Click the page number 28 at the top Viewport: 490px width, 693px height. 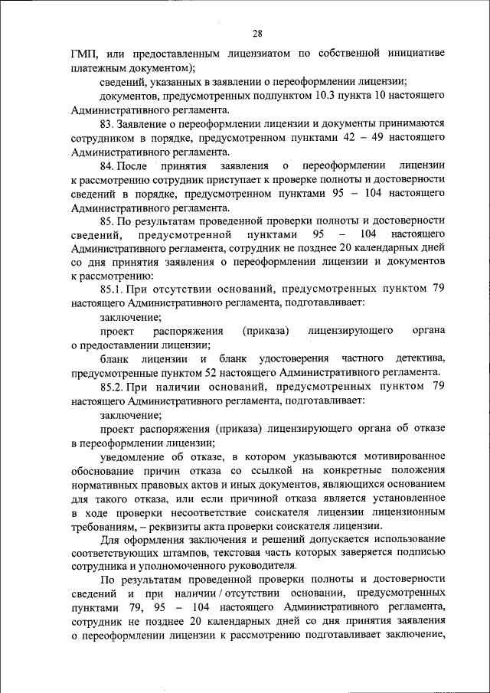coord(257,32)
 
